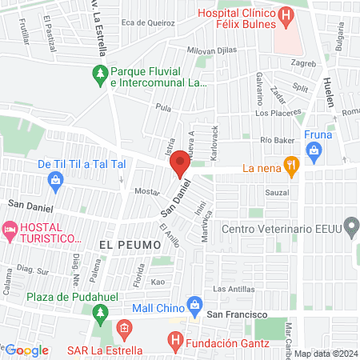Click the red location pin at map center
click(180, 162)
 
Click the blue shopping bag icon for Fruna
click(314, 150)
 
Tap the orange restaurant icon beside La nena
click(292, 168)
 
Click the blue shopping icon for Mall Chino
click(194, 305)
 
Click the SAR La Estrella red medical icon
click(123, 329)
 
